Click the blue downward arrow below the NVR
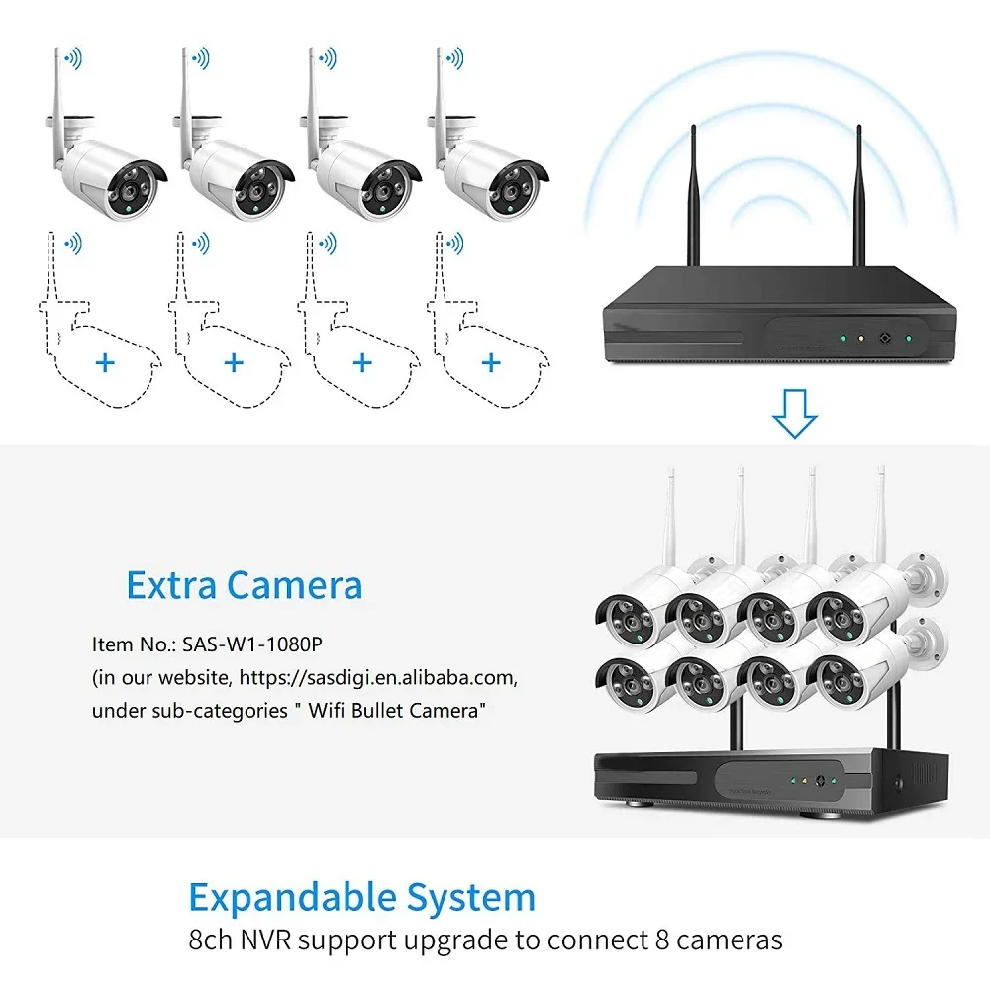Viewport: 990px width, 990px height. point(794,413)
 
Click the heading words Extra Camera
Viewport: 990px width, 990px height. point(244,585)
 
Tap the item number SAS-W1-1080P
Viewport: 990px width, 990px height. point(252,644)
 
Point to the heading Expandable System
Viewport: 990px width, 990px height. point(361,898)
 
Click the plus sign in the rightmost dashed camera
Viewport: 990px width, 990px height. point(491,363)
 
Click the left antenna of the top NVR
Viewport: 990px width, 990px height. point(694,198)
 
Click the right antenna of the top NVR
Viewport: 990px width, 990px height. point(857,198)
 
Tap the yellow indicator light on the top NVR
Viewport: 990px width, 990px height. point(860,338)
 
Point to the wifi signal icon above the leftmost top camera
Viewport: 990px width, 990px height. point(72,58)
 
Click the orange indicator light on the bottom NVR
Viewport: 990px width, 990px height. point(805,781)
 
